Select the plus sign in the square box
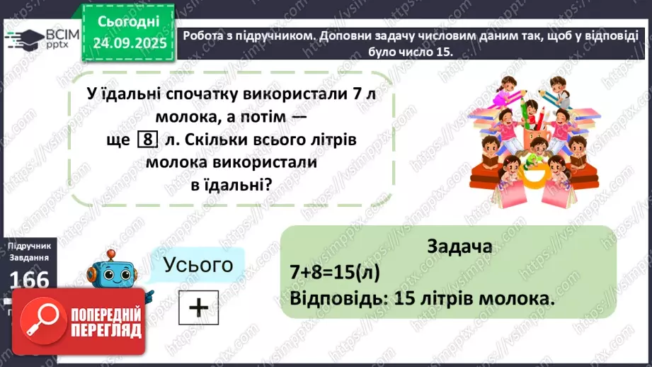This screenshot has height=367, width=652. pos(199,307)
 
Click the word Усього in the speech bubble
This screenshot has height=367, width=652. pos(198,265)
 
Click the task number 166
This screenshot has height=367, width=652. pos(30,281)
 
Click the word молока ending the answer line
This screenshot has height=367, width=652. pos(517,298)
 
